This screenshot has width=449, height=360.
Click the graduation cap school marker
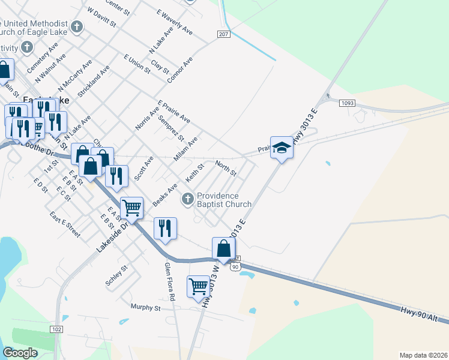[281, 147]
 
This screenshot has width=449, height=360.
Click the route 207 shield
[223, 35]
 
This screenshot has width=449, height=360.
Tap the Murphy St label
[146, 308]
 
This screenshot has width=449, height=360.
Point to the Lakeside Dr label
[112, 230]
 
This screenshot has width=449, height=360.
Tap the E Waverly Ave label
[174, 21]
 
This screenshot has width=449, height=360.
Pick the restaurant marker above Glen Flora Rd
[164, 229]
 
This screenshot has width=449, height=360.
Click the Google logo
[20, 353]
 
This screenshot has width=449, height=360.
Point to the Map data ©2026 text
[423, 355]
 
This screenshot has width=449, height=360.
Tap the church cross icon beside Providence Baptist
[187, 198]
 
